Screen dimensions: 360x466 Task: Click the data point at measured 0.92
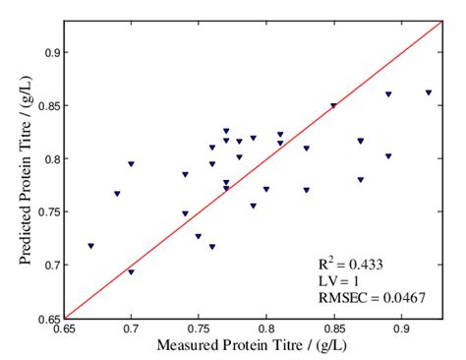point(428,92)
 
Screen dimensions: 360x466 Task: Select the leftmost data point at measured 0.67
point(90,246)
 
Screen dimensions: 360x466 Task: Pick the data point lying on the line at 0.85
point(333,105)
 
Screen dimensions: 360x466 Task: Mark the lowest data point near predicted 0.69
point(131,271)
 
